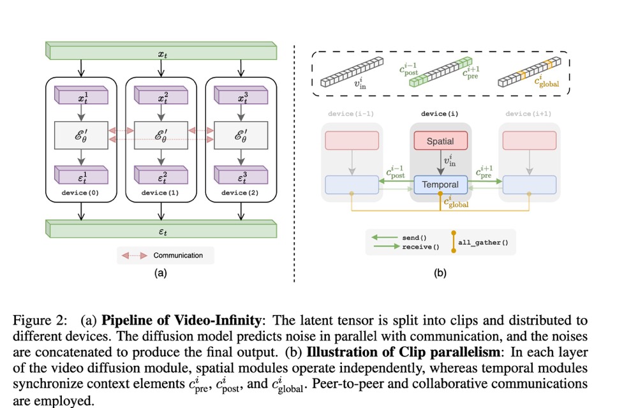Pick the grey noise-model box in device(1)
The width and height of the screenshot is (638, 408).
161,135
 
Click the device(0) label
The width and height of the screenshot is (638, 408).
81,193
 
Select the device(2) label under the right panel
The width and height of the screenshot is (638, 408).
241,193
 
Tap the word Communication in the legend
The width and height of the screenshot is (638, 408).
178,255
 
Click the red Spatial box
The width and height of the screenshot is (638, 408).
440,140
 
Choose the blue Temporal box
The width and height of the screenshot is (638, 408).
440,185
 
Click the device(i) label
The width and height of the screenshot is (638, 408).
440,114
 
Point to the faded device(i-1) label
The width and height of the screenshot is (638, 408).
351,114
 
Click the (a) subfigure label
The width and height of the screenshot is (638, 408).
160,274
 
